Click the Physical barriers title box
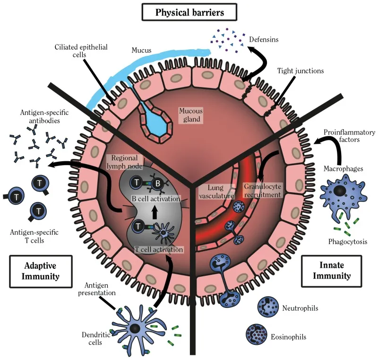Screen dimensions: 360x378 (x=189, y=11)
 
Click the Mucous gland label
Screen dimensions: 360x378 (x=190, y=114)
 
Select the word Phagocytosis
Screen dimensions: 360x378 (x=348, y=242)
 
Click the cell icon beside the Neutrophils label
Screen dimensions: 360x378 (x=267, y=307)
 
